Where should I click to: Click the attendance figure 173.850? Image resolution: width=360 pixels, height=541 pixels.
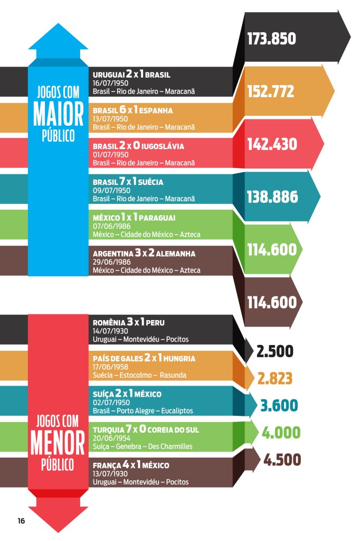coord(271,39)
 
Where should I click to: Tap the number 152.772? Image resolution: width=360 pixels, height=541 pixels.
coord(271,91)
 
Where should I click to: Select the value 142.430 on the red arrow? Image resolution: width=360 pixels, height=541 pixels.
coord(272,144)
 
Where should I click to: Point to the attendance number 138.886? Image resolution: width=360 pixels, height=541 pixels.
coord(272,197)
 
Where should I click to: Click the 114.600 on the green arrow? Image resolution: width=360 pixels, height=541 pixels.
coord(272,249)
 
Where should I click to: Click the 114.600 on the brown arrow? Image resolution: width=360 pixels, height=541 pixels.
coord(272,302)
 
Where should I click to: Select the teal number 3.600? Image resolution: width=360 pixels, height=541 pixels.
coord(279,405)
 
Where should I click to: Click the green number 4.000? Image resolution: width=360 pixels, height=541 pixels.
coord(281,433)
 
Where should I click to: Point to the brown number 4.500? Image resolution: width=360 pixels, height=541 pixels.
coord(282,460)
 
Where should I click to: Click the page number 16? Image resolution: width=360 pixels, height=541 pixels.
coord(21,521)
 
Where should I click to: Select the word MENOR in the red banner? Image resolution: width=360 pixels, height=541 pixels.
coord(58,444)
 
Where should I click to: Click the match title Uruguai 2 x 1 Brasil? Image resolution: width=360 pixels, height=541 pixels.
coord(131,75)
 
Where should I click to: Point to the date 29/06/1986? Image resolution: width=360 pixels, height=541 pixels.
coord(111,262)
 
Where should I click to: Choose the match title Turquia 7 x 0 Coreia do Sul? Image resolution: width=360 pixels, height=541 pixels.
coord(146,430)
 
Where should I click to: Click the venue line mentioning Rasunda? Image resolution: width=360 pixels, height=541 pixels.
coord(139,375)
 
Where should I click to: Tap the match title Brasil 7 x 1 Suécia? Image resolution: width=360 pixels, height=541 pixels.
coord(128,182)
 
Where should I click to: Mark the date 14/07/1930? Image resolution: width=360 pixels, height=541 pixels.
coord(111,331)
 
